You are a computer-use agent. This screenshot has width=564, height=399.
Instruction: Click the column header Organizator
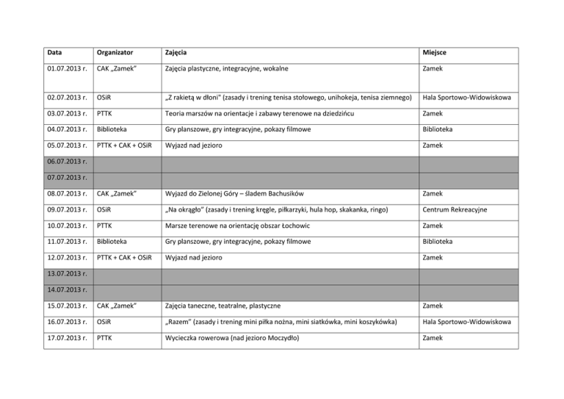pos(114,54)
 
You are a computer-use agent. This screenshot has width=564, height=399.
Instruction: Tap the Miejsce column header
pos(438,54)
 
